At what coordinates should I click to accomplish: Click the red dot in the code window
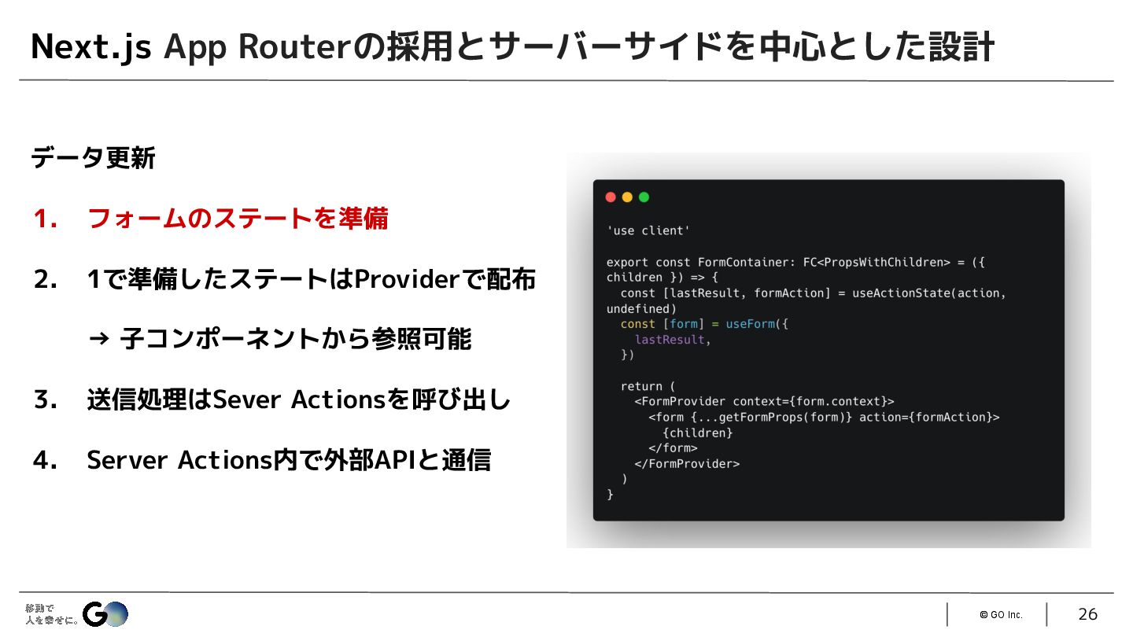611,197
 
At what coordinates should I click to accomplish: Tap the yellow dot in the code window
627,197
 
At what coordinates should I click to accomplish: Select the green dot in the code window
644,197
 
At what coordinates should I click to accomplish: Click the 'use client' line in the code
648,230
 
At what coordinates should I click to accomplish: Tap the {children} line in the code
697,433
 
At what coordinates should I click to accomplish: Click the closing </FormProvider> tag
687,464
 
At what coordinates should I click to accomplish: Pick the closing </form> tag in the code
673,448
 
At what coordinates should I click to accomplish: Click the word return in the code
641,386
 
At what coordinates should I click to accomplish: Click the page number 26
1087,614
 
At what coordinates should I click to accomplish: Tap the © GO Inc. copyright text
1001,615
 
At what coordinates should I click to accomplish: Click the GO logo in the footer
105,613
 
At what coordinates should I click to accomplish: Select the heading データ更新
93,159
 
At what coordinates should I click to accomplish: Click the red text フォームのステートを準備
238,219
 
